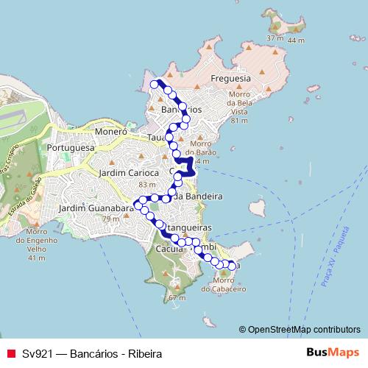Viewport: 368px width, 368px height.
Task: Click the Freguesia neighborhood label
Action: pyautogui.click(x=231, y=78)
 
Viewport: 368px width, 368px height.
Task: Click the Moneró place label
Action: pyautogui.click(x=111, y=132)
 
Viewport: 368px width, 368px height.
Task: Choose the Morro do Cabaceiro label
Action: pyautogui.click(x=227, y=284)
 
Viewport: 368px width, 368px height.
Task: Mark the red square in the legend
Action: pyautogui.click(x=10, y=353)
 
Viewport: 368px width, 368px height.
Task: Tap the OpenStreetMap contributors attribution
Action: pyautogui.click(x=303, y=329)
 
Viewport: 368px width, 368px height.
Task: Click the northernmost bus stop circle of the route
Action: pyautogui.click(x=155, y=85)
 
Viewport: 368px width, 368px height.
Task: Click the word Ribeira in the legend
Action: pyautogui.click(x=144, y=353)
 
